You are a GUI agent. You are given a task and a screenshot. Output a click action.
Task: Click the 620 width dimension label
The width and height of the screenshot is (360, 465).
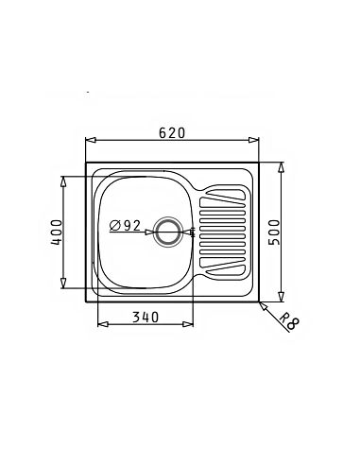(x=172, y=132)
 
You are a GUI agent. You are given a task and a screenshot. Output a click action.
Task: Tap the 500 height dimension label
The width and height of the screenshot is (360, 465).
(x=274, y=232)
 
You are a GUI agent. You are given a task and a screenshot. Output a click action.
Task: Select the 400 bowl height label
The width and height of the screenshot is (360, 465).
(x=57, y=232)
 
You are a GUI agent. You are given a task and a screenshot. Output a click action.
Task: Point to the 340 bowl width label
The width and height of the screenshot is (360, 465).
(x=146, y=317)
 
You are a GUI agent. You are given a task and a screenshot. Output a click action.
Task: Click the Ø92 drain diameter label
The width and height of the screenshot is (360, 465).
(x=125, y=225)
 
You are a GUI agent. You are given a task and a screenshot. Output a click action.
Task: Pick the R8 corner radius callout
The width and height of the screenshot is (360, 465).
(x=289, y=320)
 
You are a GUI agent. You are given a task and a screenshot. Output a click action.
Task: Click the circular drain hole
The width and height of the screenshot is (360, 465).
(x=168, y=232)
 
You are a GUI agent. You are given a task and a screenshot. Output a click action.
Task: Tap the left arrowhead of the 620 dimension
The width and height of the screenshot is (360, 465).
(x=91, y=140)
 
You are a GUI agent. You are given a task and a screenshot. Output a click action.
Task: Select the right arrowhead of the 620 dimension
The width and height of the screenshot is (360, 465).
(x=253, y=140)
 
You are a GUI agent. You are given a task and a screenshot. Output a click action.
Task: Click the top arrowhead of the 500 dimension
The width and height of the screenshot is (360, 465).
(x=282, y=167)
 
